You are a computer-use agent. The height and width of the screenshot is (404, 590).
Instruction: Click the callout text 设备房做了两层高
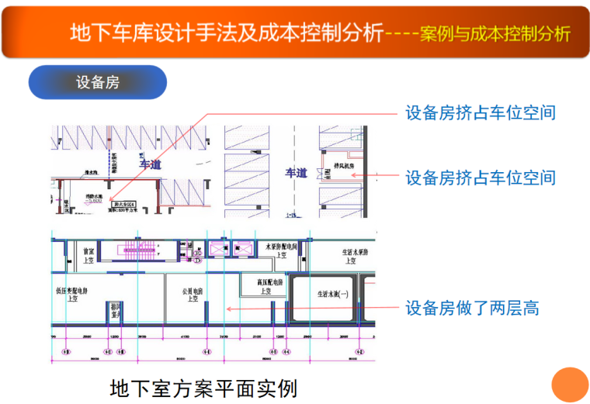[472, 309]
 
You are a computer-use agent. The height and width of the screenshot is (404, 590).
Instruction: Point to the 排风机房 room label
[344, 166]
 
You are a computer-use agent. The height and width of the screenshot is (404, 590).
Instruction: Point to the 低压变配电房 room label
[76, 295]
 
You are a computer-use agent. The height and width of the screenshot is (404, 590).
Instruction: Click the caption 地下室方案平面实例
[204, 386]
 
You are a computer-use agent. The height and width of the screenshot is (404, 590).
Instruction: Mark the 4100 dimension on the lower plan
[185, 337]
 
